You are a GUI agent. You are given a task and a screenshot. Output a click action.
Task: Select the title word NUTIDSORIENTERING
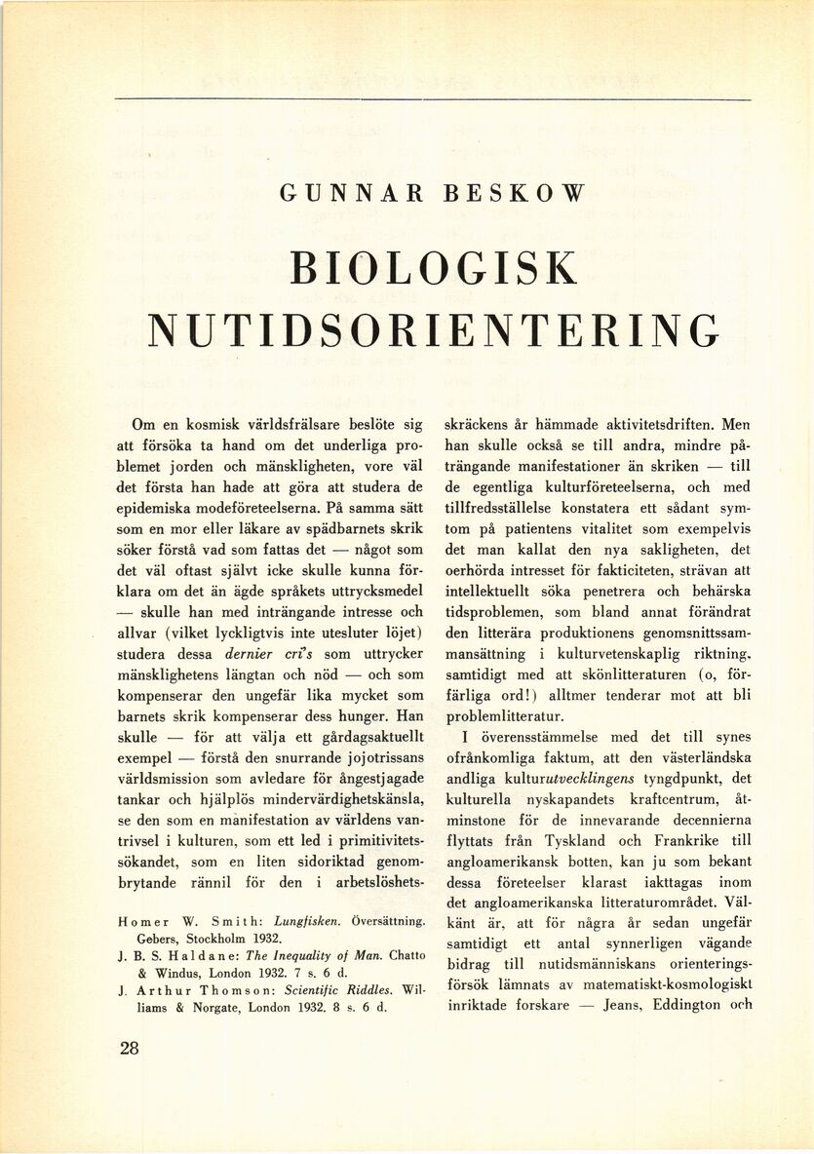433,331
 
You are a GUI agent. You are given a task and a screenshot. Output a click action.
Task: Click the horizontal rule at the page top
433,99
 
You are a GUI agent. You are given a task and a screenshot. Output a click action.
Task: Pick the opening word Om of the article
141,425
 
